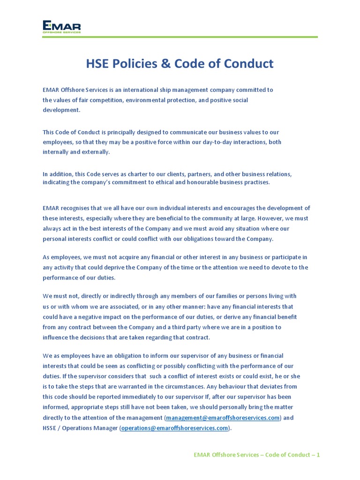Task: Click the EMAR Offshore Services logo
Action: [61, 26]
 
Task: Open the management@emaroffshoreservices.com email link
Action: [223, 418]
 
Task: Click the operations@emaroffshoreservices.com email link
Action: [175, 428]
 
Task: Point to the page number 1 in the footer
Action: [318, 455]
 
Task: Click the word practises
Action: [256, 182]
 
